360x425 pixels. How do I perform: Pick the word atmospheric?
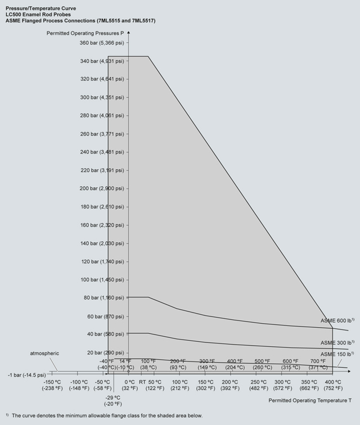pos(44,353)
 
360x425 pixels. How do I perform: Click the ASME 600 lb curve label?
pos(337,320)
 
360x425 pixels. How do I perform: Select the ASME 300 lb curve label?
pos(337,342)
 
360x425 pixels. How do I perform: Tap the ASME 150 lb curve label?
pos(337,354)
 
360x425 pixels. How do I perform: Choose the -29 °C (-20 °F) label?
pos(113,400)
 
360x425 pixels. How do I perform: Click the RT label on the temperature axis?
pos(142,382)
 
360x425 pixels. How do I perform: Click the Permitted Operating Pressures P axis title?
pos(85,33)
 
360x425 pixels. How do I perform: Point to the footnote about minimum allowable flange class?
pos(104,415)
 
